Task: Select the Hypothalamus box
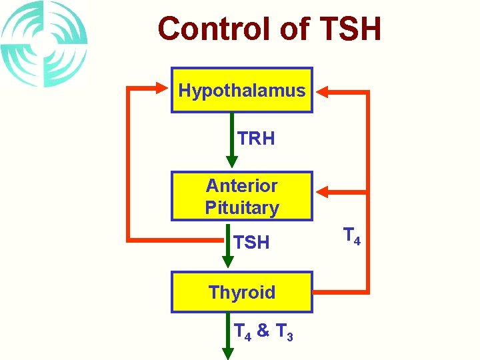pos(241,90)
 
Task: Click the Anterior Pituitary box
pos(241,196)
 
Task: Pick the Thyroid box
pos(241,292)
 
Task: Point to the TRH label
pos(256,139)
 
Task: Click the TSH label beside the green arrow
pos(252,243)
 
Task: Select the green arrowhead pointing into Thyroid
pos(231,264)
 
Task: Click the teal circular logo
pos(44,43)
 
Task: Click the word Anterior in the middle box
pos(241,185)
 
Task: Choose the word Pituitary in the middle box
pos(241,207)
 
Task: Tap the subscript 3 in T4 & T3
pos(289,336)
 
